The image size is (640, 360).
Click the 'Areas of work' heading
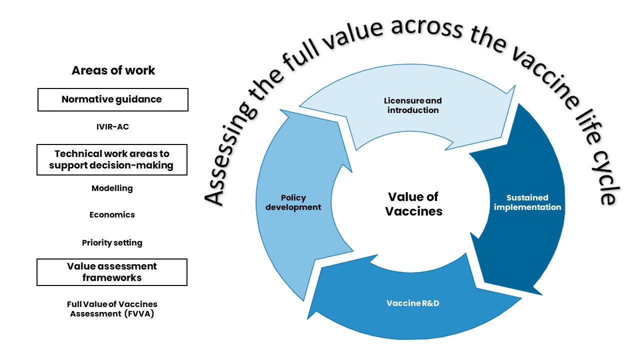click(x=113, y=70)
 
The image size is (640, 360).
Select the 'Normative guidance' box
click(x=112, y=99)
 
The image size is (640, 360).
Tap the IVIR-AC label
click(x=112, y=127)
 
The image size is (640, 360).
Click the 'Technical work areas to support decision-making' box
click(x=111, y=160)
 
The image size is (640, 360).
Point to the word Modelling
click(x=112, y=188)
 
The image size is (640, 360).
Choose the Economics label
click(x=112, y=215)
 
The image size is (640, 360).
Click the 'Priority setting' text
click(x=112, y=243)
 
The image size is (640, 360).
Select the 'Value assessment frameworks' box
click(x=112, y=272)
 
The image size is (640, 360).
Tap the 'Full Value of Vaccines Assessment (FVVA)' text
click(x=112, y=309)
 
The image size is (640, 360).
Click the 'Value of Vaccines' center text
click(x=413, y=204)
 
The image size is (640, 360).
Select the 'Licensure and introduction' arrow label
click(x=413, y=105)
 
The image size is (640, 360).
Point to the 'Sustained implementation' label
click(x=527, y=202)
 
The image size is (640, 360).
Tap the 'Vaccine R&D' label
click(x=413, y=303)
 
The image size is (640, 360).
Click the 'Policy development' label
click(x=293, y=202)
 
